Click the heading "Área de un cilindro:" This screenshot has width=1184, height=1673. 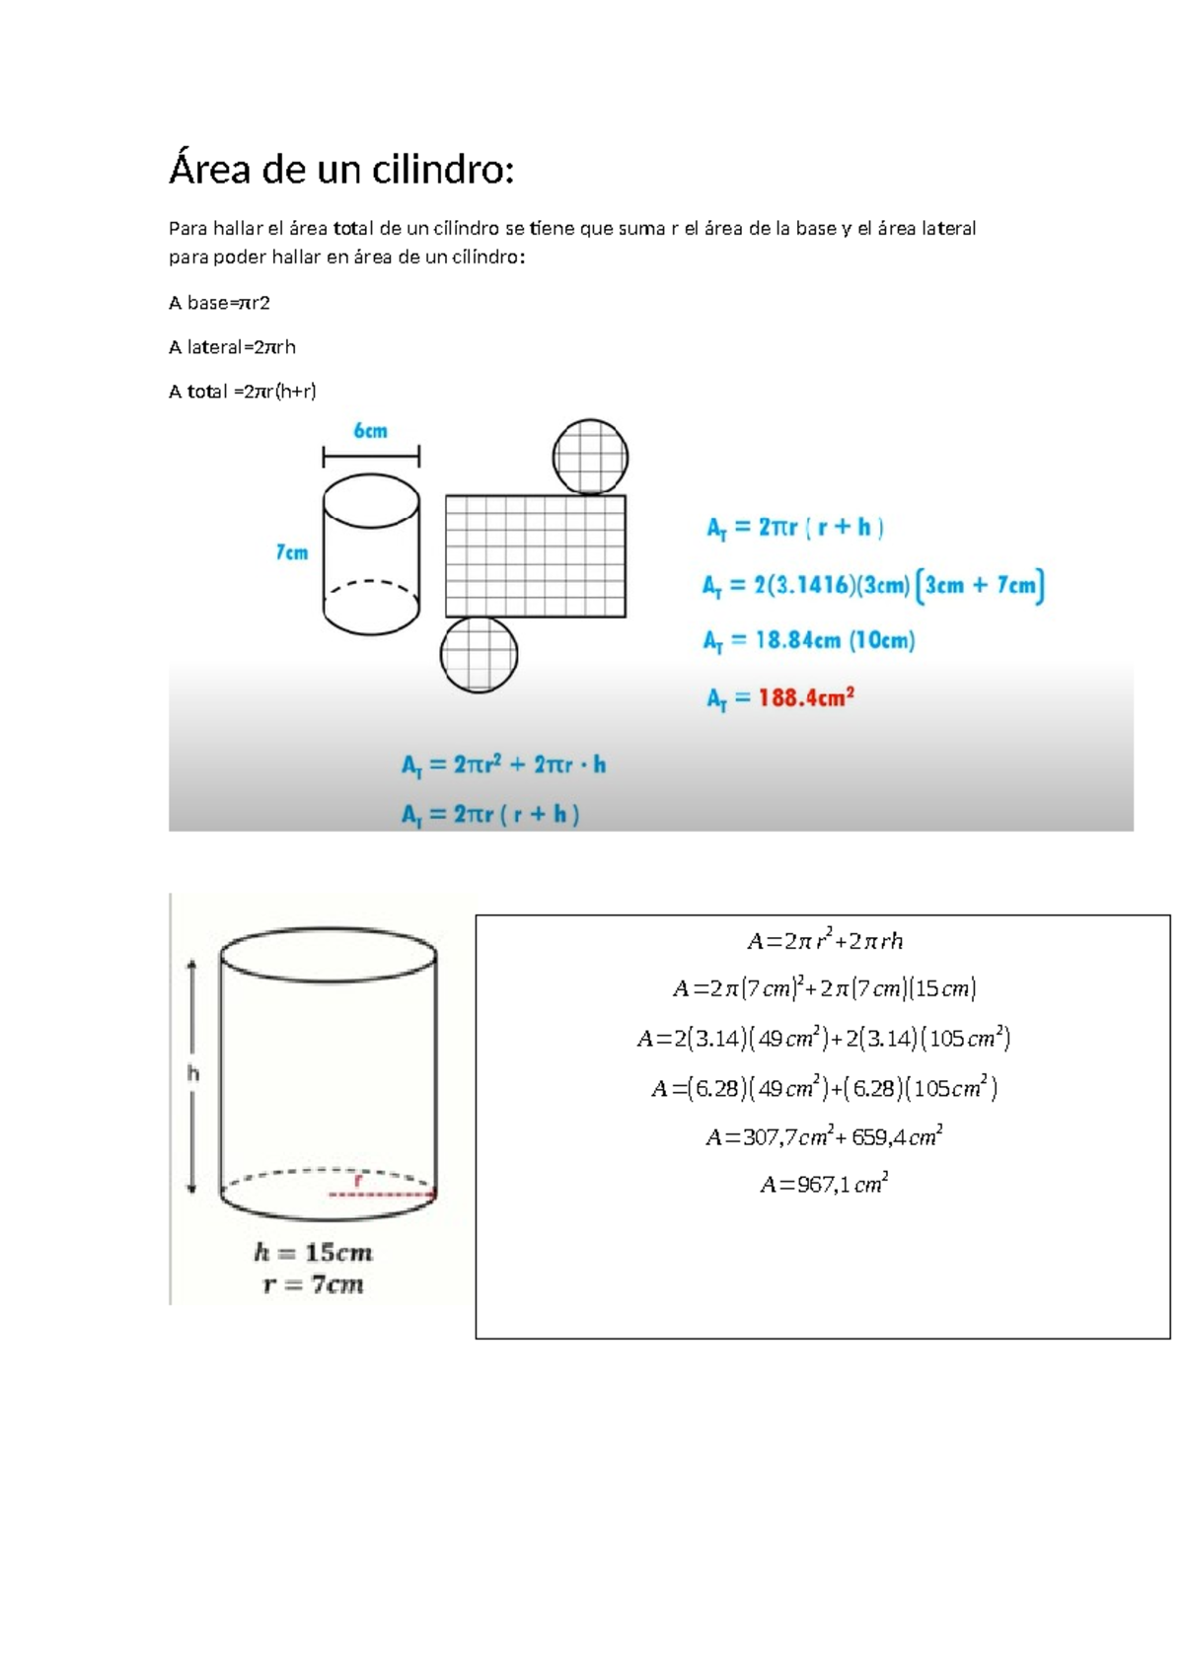(341, 171)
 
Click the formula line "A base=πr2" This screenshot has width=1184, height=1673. (219, 303)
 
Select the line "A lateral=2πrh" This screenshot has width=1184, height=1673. (232, 347)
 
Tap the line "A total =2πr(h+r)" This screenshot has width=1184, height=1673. (243, 392)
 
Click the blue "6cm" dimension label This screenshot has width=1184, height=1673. (371, 431)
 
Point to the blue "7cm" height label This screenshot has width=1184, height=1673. (292, 552)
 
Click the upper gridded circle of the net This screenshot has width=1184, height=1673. (590, 457)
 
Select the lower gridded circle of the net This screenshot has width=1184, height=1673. (479, 654)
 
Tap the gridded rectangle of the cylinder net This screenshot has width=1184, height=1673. (535, 556)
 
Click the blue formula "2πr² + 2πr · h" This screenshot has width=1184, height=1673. (529, 764)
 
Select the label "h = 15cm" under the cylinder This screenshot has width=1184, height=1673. (313, 1253)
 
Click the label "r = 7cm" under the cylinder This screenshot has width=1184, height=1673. (313, 1284)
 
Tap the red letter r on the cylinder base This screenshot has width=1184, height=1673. (358, 1180)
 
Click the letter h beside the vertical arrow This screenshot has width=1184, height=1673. (193, 1073)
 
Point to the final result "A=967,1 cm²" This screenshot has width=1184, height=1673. (824, 1184)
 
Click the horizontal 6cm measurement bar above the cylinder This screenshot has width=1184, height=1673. (371, 456)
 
